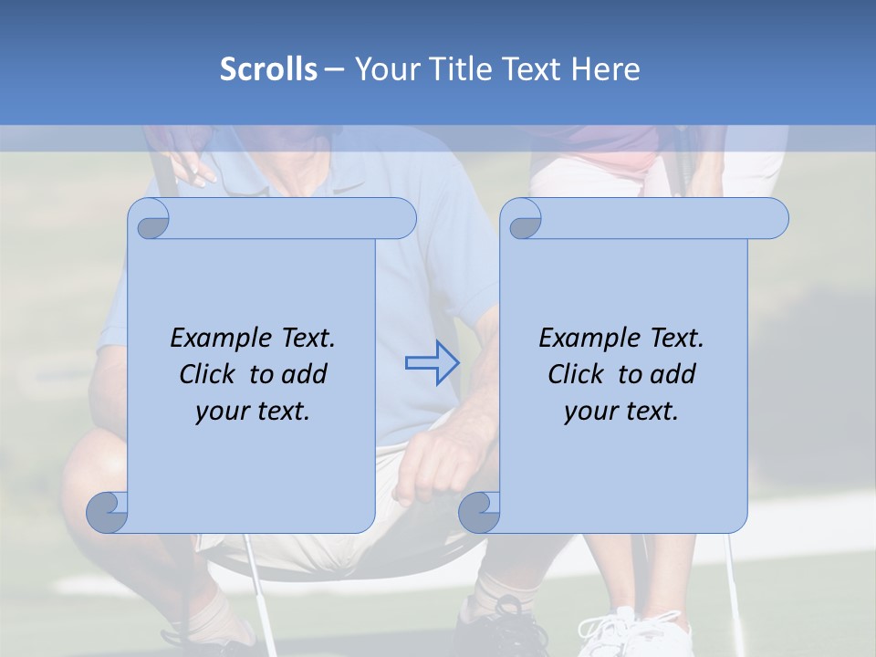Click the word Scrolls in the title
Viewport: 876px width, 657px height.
[x=268, y=69]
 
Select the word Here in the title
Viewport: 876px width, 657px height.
[x=605, y=69]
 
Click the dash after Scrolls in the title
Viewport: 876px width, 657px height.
[x=334, y=69]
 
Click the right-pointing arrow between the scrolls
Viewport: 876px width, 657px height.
[x=433, y=362]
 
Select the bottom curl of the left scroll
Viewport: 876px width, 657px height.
[x=108, y=512]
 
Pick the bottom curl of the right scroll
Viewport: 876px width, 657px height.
[x=479, y=512]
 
